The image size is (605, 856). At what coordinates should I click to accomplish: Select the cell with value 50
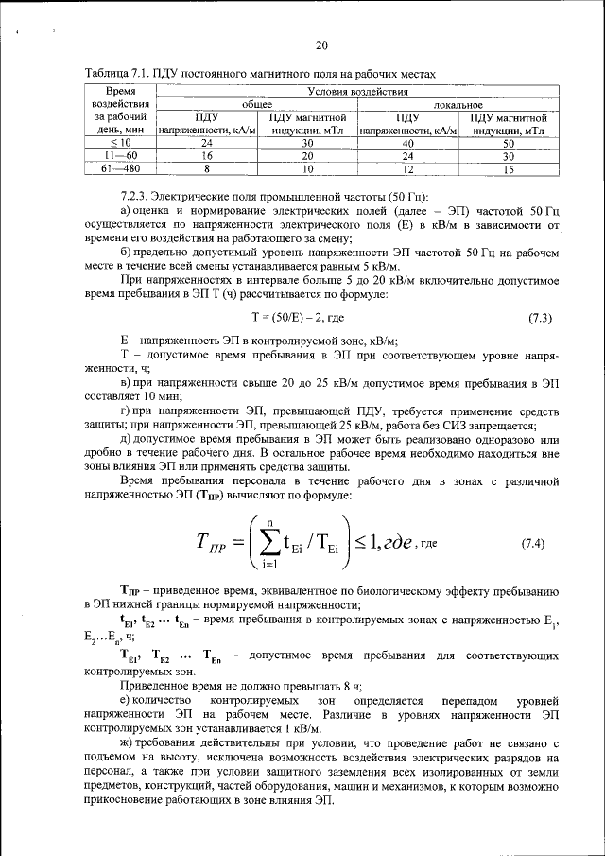[x=508, y=142]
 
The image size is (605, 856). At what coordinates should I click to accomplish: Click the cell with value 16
[x=206, y=155]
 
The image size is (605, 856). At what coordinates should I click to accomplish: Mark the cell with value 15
[x=508, y=167]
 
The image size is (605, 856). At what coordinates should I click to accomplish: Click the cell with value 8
[x=206, y=167]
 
